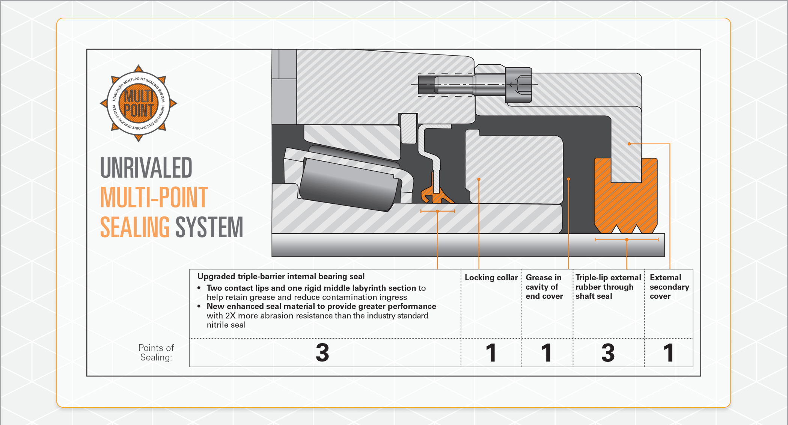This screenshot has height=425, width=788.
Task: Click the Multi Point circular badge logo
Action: tap(138, 103)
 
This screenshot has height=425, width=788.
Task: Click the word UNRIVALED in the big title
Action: tap(146, 168)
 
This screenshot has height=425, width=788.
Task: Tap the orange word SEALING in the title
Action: tap(134, 227)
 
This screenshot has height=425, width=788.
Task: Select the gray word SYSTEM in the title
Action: tap(209, 227)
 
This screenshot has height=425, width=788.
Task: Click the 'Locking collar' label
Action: tap(491, 278)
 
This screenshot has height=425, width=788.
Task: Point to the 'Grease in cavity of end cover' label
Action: tap(544, 287)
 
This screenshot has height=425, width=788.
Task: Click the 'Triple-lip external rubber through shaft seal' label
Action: tap(608, 287)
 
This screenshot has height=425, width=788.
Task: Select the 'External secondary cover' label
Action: tap(669, 287)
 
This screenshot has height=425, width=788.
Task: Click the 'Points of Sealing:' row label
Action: tap(156, 352)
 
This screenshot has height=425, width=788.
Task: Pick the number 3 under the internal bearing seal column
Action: tap(322, 353)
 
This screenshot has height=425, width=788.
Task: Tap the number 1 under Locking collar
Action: tap(491, 353)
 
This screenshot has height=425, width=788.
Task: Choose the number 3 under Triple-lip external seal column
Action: tap(608, 353)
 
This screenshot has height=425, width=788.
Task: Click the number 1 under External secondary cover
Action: tap(669, 353)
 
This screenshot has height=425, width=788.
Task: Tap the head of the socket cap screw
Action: tap(518, 85)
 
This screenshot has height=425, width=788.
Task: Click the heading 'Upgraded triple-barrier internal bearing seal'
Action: tap(281, 277)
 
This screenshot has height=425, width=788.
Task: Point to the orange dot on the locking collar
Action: tap(479, 180)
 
